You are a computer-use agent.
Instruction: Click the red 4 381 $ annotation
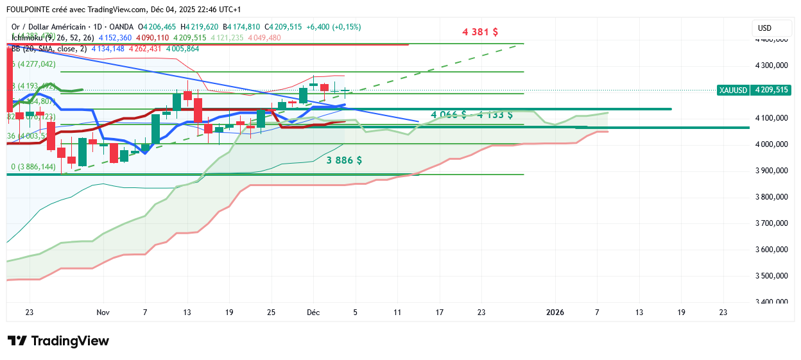click(x=480, y=31)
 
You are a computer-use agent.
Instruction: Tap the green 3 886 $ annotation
click(x=344, y=160)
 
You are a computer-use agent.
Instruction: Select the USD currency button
click(x=764, y=28)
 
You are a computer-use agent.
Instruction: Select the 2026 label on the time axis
click(x=555, y=313)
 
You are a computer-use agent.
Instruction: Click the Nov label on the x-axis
click(x=103, y=313)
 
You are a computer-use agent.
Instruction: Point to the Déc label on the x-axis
click(x=313, y=313)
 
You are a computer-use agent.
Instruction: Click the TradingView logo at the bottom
click(x=58, y=341)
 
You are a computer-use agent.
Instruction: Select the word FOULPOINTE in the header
click(x=30, y=10)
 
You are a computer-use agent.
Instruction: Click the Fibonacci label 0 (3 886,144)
click(x=33, y=167)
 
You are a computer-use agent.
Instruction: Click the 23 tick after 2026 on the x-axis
click(x=723, y=313)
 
